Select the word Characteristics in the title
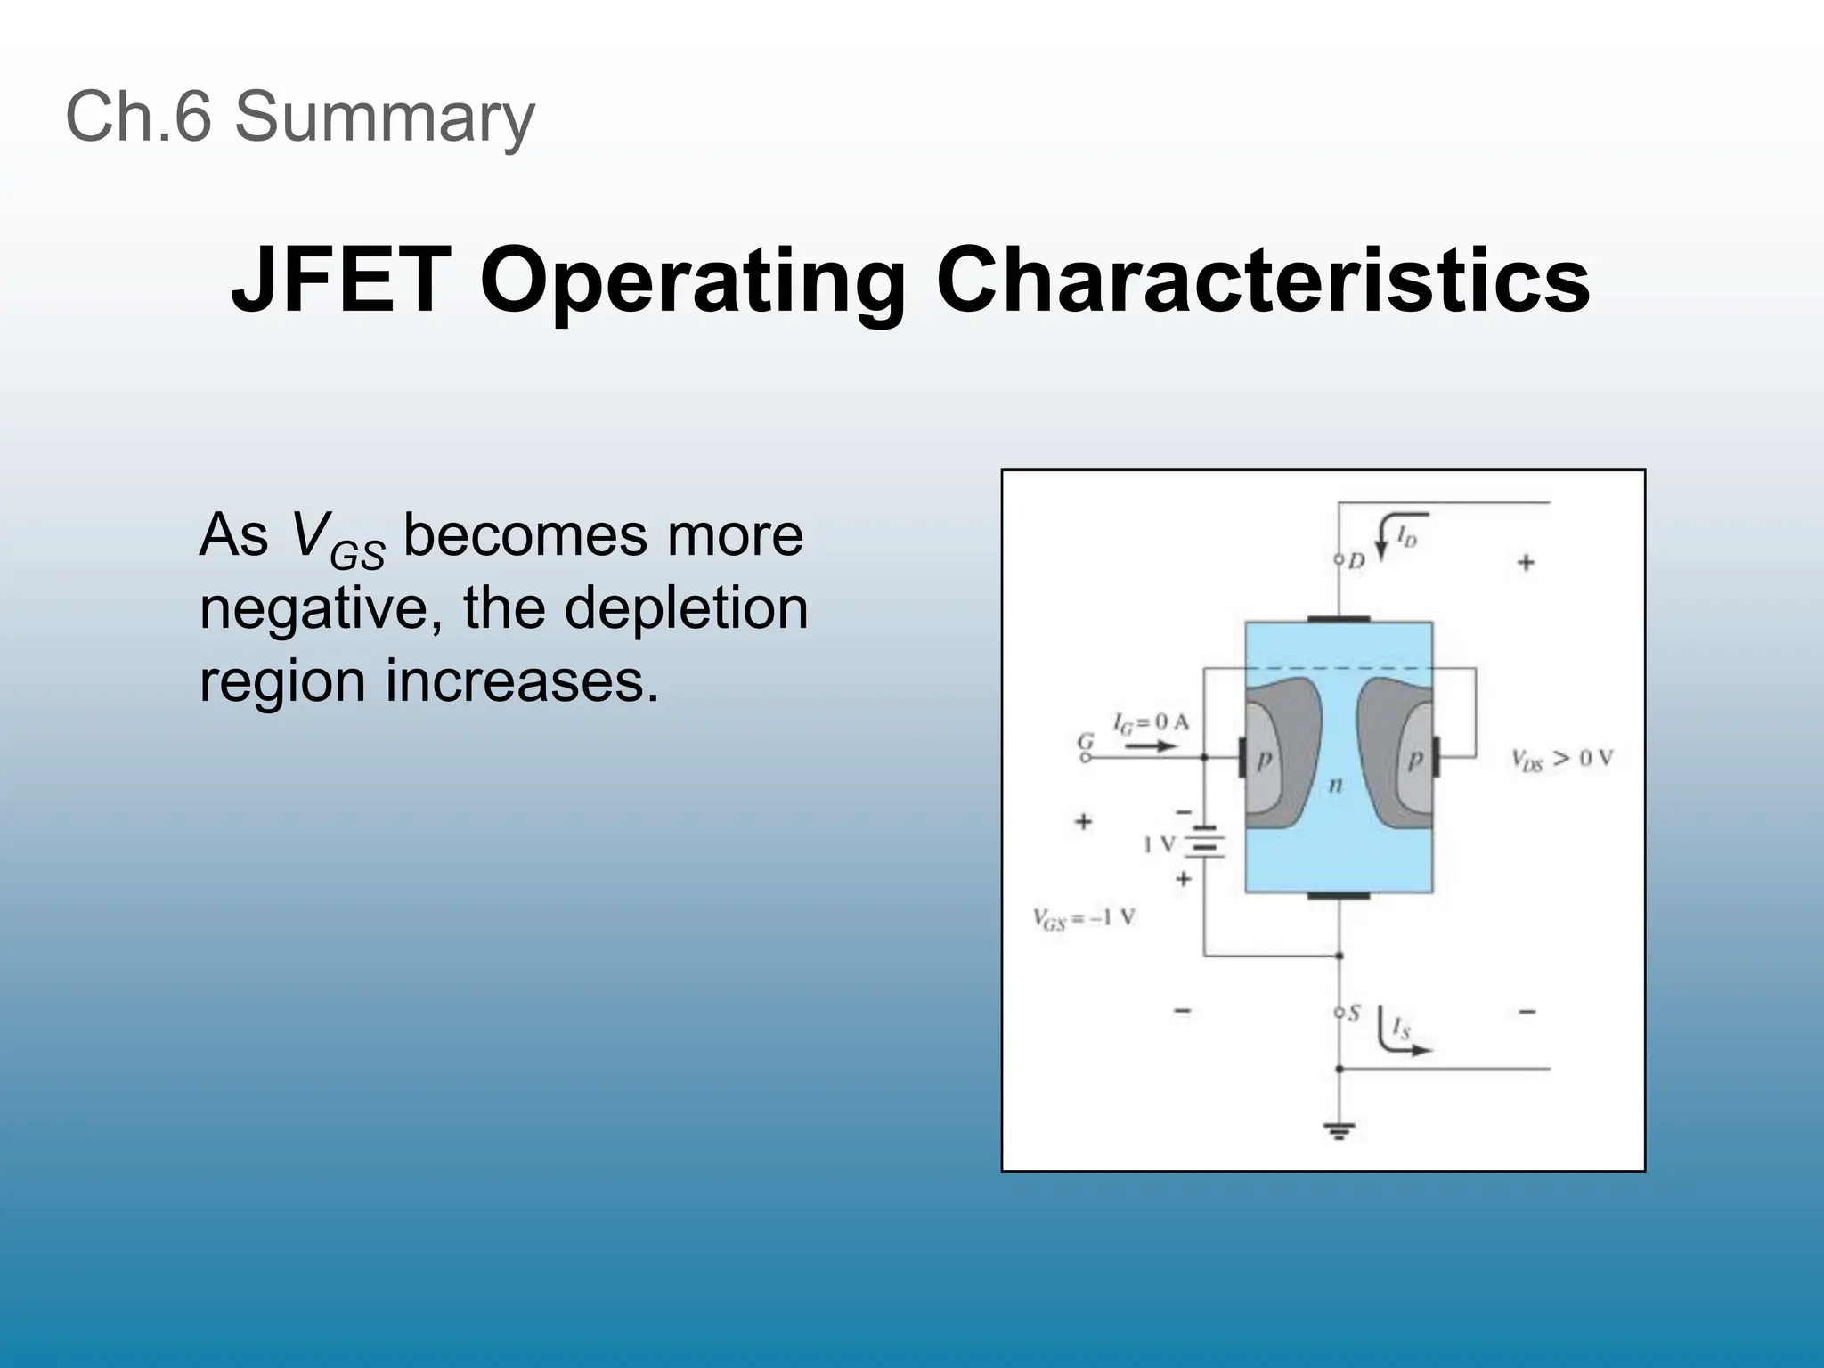1262,281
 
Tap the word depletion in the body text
686,608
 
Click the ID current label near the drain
1406,537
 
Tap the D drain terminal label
1356,561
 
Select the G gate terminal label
1086,740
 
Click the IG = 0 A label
1151,722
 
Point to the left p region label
1264,759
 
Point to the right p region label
1413,759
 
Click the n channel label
1335,785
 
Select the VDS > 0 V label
1561,759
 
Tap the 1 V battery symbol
1205,843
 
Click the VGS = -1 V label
1084,918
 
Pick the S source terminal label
1354,1013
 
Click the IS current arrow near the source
1400,1036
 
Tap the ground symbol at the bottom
1339,1132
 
